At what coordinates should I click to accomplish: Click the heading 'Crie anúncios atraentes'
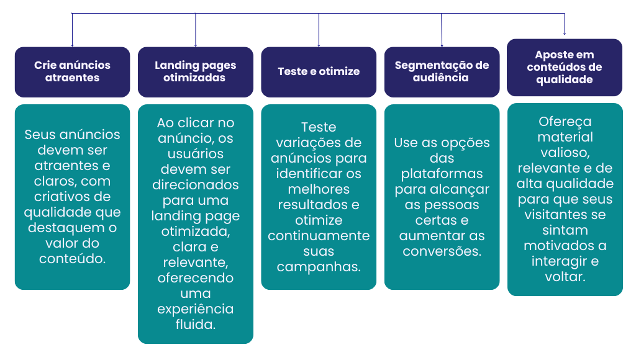coord(72,71)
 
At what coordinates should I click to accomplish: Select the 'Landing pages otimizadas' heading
coord(195,71)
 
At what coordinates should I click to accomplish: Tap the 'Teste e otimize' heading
coord(319,71)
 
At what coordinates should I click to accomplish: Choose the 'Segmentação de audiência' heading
coord(442,71)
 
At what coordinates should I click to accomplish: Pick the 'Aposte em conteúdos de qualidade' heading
coord(565,68)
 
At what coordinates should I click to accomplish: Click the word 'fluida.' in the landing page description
coord(195,324)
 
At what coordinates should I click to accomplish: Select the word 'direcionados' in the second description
coord(195,185)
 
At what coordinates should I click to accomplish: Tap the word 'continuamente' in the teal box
coord(319,236)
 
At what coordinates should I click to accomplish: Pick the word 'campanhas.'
coord(319,267)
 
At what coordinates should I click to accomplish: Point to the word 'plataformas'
coord(442,174)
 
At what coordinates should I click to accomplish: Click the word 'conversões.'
coord(442,251)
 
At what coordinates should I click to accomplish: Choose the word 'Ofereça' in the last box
coord(565,122)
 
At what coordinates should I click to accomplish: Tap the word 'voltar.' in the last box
coord(565,277)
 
